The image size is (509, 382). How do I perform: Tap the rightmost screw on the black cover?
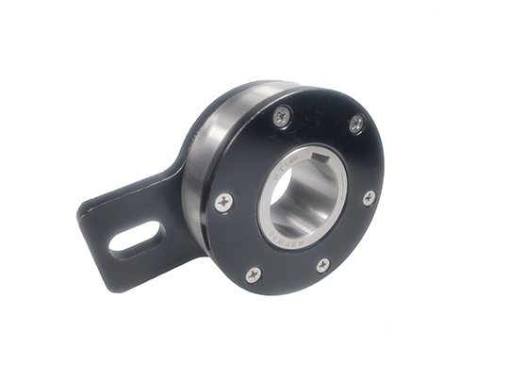(x=369, y=197)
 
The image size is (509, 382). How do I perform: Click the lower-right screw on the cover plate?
(x=322, y=265)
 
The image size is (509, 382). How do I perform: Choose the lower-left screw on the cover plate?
(x=252, y=274)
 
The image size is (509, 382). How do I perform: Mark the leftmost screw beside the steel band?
(x=223, y=201)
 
